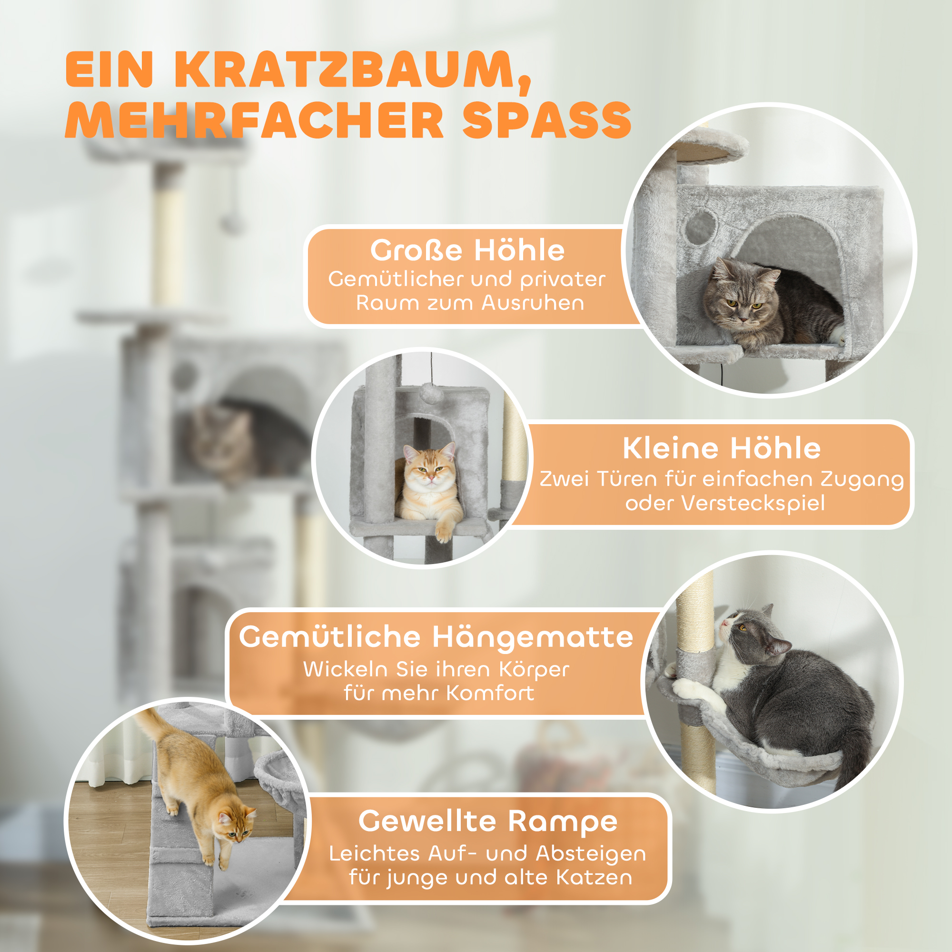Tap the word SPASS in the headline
click(x=546, y=121)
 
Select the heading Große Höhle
click(x=467, y=250)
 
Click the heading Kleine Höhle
click(x=722, y=448)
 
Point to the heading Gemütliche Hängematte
click(x=436, y=637)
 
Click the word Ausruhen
click(x=533, y=303)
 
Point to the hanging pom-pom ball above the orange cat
click(x=431, y=394)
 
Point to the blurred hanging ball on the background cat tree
click(x=230, y=224)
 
